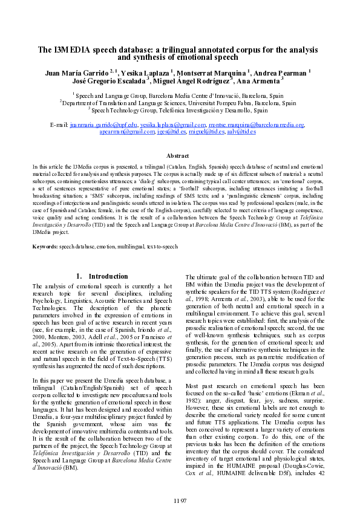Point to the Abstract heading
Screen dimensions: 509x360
(x=180, y=156)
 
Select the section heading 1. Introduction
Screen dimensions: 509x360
(x=102, y=276)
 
